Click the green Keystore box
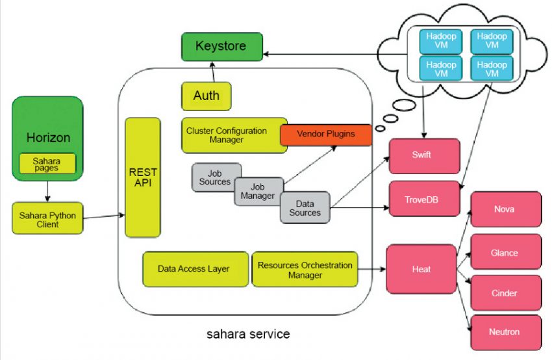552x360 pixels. [x=221, y=47]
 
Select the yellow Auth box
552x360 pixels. [x=206, y=96]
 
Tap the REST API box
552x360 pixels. [x=142, y=177]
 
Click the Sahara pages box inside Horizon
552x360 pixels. [x=47, y=163]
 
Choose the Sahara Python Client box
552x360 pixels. [x=47, y=219]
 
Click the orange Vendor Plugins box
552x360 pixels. [x=325, y=135]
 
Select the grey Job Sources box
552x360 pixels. [x=215, y=177]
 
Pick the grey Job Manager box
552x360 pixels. [x=258, y=191]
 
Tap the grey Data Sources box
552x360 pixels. [x=305, y=208]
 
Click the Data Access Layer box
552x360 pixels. [x=195, y=268]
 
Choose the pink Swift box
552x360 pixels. [x=424, y=156]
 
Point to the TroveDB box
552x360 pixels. [x=424, y=198]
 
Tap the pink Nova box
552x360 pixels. [x=505, y=209]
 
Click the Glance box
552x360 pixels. [x=505, y=252]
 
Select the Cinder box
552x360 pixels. [x=505, y=293]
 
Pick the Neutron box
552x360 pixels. [x=505, y=332]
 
